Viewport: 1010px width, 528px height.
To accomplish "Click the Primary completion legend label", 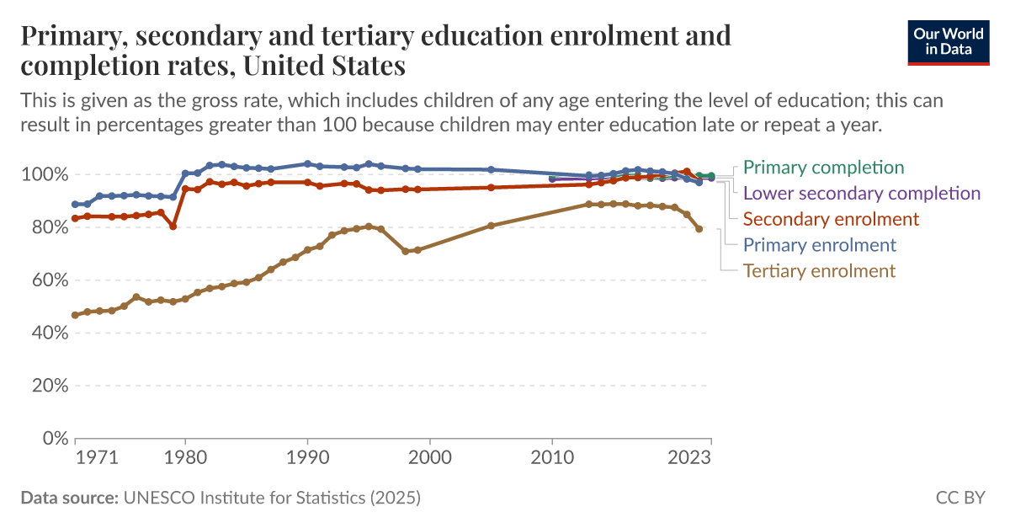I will click(x=823, y=168).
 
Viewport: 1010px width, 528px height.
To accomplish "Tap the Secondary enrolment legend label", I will click(x=831, y=219).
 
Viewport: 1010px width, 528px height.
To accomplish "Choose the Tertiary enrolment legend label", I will click(x=819, y=271).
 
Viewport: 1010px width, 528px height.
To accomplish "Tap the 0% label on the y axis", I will click(x=53, y=439).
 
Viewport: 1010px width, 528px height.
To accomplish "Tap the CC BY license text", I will click(x=959, y=498).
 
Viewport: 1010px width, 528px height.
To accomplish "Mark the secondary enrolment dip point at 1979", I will click(x=173, y=226).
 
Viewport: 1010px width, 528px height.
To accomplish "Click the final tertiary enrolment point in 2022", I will click(x=699, y=229).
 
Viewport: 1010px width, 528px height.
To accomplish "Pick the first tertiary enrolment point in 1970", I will click(x=75, y=315).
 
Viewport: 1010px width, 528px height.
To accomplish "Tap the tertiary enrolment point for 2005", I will click(x=491, y=226).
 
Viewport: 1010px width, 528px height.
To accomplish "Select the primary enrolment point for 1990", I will click(x=307, y=163).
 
